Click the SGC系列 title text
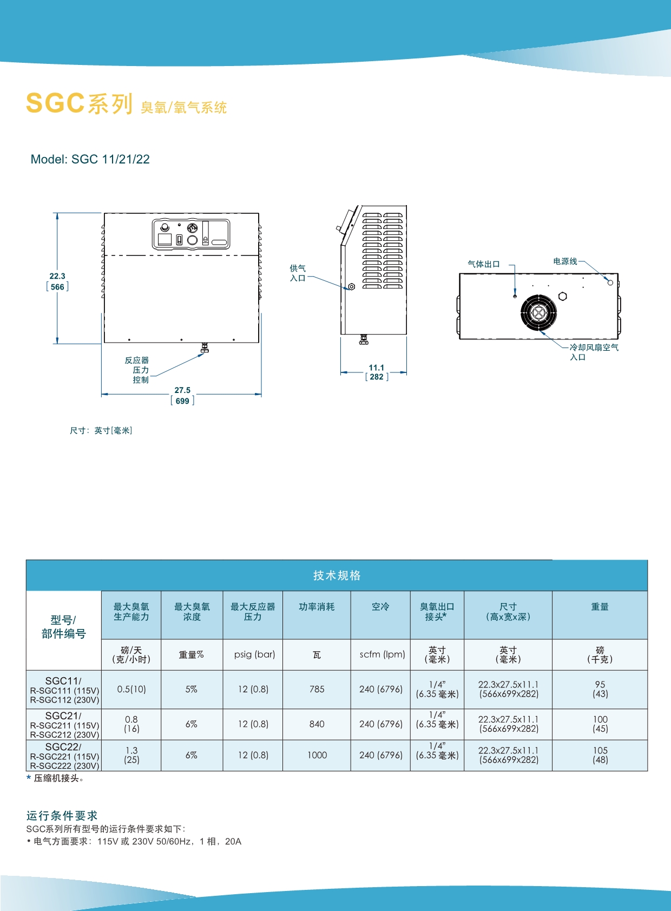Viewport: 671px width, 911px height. click(x=79, y=103)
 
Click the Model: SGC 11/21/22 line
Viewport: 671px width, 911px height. click(x=90, y=159)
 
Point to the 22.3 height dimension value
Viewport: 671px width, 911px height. click(x=57, y=276)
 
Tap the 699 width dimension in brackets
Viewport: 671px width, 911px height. click(x=182, y=401)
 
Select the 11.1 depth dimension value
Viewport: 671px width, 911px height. click(x=376, y=368)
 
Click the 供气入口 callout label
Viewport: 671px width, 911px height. click(x=298, y=273)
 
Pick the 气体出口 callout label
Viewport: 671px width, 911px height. click(x=484, y=264)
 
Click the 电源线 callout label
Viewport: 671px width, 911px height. click(x=565, y=261)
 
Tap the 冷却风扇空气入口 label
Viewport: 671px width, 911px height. click(x=594, y=352)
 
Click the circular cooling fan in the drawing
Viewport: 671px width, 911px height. click(x=538, y=312)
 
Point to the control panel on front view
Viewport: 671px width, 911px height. click(x=191, y=234)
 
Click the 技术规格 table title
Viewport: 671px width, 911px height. click(x=337, y=575)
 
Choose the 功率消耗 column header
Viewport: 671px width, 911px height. click(x=317, y=607)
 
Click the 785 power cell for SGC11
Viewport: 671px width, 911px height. click(x=317, y=689)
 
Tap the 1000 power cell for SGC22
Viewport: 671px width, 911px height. click(x=317, y=755)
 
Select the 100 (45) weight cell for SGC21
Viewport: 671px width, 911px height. click(x=600, y=724)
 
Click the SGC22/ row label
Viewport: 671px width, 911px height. click(x=63, y=747)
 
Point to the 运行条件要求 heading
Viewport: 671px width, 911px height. click(x=62, y=815)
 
